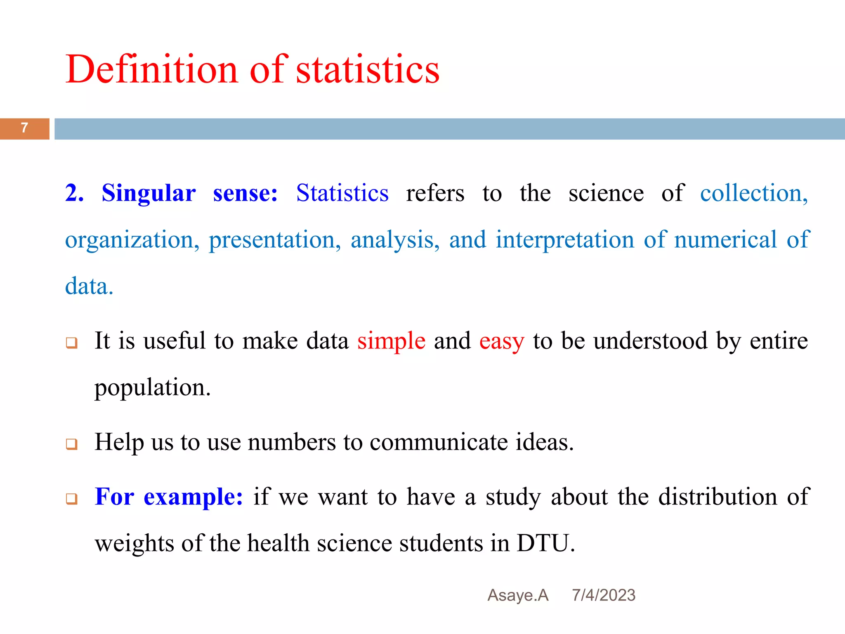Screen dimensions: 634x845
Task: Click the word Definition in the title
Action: (151, 69)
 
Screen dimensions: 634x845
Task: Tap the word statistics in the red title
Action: (368, 69)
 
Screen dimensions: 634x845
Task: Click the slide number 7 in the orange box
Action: (24, 128)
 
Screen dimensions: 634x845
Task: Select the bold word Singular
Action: (149, 193)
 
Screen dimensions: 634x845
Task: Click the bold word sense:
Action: (245, 193)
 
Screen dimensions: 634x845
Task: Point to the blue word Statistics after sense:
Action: (342, 193)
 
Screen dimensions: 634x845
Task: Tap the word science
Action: (606, 193)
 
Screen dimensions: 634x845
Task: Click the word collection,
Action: (754, 193)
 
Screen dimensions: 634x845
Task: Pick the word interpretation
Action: (565, 239)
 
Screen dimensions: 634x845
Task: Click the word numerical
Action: (725, 239)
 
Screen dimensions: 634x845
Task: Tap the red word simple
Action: (391, 341)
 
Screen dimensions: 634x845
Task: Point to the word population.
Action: (152, 388)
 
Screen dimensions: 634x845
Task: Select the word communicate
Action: (439, 442)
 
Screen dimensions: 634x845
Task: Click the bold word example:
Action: (193, 497)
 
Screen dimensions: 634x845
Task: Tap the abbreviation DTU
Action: (545, 543)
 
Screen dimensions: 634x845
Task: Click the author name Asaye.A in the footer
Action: (518, 595)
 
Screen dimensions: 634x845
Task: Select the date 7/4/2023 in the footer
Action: (603, 595)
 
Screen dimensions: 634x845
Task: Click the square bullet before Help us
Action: (72, 444)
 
